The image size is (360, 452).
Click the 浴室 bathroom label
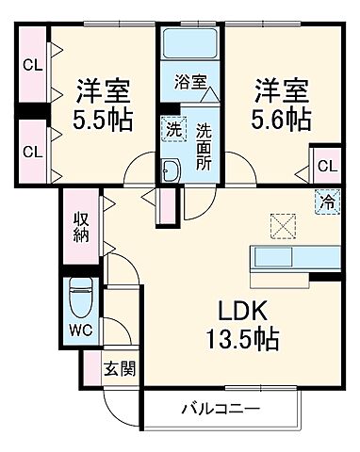pos(189,82)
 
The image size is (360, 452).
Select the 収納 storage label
pos(82,227)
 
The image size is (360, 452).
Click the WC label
pos(80,331)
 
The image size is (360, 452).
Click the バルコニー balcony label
pos(220,410)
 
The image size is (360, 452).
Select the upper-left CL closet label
pos(32,66)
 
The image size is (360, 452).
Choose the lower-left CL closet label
pos(32,151)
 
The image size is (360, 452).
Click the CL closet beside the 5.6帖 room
pos(326,167)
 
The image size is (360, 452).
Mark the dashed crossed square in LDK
pos(282,226)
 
